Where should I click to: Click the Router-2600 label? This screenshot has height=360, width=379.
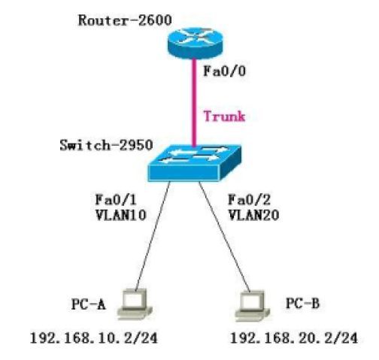click(x=125, y=20)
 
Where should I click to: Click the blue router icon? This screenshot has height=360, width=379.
click(x=195, y=43)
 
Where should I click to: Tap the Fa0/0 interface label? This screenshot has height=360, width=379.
click(x=224, y=71)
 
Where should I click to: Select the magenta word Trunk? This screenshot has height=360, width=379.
click(x=224, y=116)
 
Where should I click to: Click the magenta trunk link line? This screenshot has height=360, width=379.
click(x=194, y=103)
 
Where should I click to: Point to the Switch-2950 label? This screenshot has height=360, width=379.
click(x=106, y=145)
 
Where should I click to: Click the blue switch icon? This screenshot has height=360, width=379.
click(x=195, y=163)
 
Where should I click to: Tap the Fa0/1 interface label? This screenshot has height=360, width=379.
click(x=116, y=200)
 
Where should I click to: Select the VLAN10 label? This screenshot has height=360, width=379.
click(x=120, y=215)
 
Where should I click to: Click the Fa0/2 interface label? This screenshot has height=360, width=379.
click(x=249, y=200)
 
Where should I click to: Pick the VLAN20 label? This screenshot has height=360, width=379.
click(x=253, y=215)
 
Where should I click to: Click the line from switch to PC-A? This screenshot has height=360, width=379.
click(x=153, y=236)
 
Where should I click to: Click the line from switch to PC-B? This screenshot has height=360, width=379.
click(x=225, y=237)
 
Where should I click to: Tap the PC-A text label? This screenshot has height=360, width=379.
click(x=88, y=304)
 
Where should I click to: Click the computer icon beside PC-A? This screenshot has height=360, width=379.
click(x=135, y=304)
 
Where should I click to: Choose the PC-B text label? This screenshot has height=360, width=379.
click(x=302, y=304)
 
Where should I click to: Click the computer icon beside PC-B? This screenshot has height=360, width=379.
click(x=253, y=306)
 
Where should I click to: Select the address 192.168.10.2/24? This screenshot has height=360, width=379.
click(x=94, y=338)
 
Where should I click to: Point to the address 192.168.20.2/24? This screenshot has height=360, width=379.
click(x=293, y=338)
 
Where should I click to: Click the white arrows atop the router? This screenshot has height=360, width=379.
click(x=195, y=38)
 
